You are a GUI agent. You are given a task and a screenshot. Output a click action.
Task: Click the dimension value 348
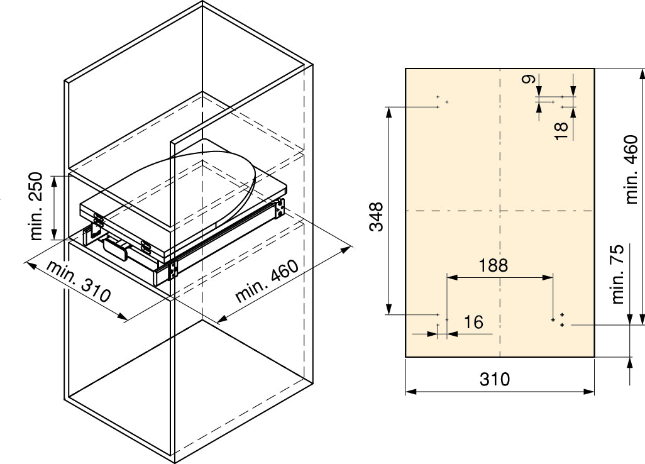click(x=376, y=217)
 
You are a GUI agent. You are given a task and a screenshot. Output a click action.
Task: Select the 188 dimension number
click(x=493, y=265)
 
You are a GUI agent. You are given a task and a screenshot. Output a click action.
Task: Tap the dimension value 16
click(x=473, y=322)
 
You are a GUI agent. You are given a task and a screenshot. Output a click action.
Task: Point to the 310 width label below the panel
click(x=495, y=379)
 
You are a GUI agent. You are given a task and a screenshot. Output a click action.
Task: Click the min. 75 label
click(x=618, y=274)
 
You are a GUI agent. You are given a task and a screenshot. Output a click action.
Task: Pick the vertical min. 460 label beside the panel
click(x=631, y=169)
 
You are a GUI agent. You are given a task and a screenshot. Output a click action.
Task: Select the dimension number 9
click(x=529, y=79)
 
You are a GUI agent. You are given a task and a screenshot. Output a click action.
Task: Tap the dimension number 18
click(x=561, y=130)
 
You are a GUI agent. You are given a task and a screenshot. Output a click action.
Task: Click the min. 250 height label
click(x=36, y=206)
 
